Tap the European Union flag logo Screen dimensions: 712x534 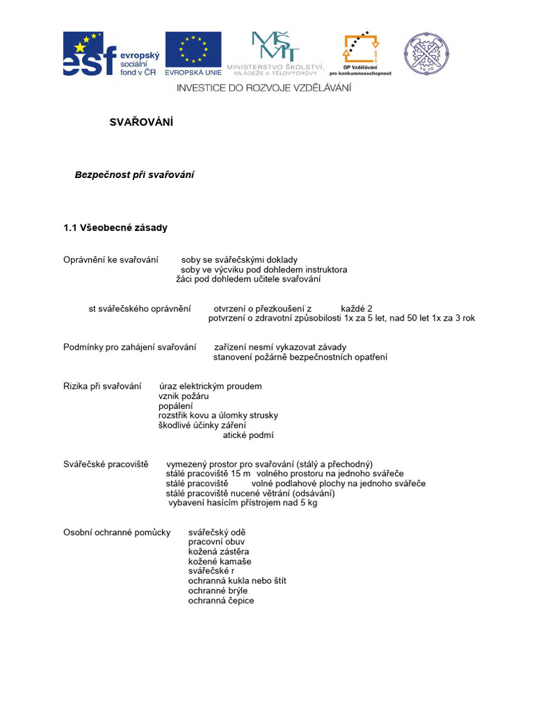pos(193,54)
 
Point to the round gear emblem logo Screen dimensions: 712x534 pos(426,54)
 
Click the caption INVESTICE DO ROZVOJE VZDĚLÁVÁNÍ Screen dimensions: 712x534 pos(264,88)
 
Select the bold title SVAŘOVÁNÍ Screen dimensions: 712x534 pos(141,122)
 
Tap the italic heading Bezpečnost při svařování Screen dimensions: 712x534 pos(134,175)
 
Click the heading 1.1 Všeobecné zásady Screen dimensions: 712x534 pos(115,227)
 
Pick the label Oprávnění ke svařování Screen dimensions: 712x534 pos(111,260)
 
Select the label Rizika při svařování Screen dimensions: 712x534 pos(102,386)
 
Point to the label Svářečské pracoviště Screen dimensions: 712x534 pos(106,464)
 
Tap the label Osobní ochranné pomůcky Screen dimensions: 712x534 pos(117,532)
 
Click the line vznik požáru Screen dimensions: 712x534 pos(184,396)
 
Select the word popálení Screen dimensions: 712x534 pos(176,405)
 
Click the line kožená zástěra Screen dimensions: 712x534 pos(219,551)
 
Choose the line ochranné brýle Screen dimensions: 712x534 pos(218,590)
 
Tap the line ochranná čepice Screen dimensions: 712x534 pos(221,600)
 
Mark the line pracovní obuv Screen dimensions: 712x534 pos(216,542)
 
